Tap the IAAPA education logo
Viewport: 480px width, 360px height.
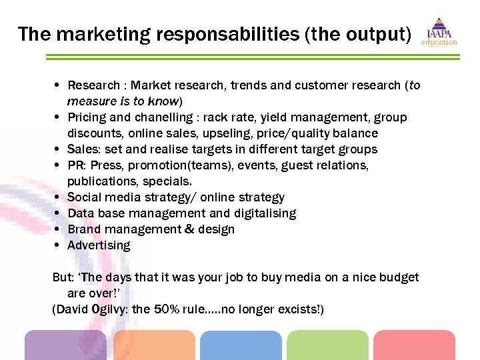coord(439,33)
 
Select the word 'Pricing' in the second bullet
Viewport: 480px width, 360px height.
coord(86,117)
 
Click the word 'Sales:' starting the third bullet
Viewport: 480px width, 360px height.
coord(84,149)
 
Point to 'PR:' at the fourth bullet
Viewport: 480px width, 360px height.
coord(77,165)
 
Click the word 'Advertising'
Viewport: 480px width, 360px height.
coord(99,245)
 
